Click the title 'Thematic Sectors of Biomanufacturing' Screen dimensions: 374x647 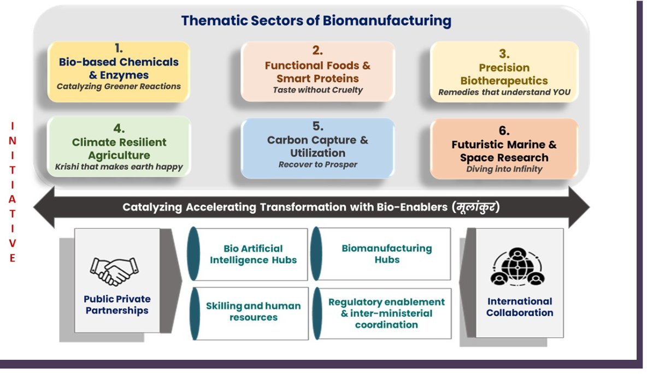316,21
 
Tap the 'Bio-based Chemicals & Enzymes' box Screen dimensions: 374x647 119,72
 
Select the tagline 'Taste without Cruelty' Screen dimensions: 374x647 317,90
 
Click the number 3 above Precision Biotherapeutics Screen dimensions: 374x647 504,54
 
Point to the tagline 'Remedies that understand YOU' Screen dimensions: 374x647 504,92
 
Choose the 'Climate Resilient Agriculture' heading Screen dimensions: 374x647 119,149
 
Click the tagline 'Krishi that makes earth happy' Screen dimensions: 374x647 119,167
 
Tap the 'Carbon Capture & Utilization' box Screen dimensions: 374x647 317,148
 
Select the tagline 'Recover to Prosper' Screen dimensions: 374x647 317,164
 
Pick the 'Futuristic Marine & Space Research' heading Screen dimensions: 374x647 504,151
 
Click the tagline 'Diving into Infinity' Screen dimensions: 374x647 504,169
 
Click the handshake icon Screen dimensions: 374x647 114,270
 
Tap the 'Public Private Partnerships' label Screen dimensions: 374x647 117,305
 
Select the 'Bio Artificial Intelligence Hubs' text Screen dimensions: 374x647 253,254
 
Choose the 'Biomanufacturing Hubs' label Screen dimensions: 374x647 386,254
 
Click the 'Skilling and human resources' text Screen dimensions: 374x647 253,311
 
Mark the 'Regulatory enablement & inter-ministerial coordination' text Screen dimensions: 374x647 386,313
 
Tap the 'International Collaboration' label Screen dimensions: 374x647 520,307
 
